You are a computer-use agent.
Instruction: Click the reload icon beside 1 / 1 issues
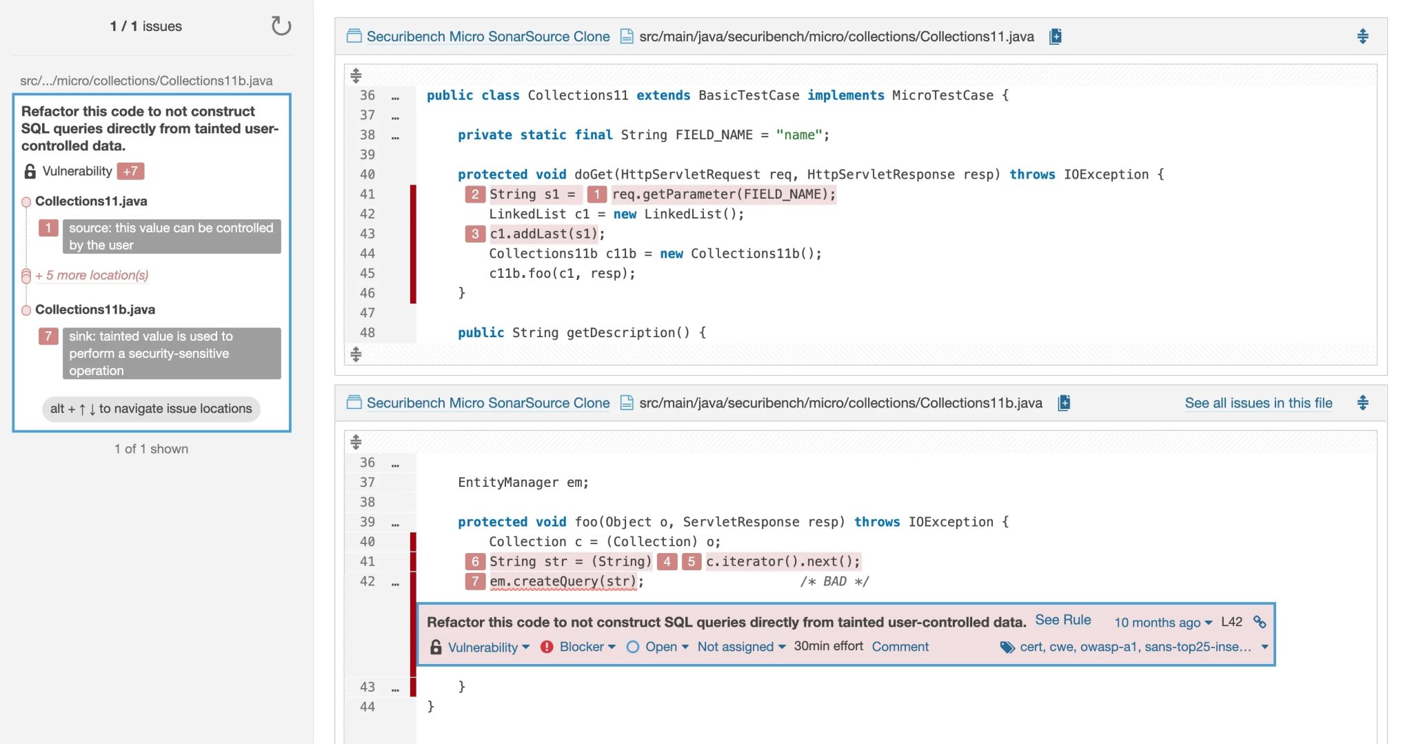pyautogui.click(x=281, y=26)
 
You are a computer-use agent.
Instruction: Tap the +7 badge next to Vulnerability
pyautogui.click(x=130, y=171)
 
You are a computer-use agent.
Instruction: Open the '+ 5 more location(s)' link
pyautogui.click(x=92, y=275)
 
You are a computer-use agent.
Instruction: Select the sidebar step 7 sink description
pyautogui.click(x=171, y=353)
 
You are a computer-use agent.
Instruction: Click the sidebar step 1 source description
pyautogui.click(x=171, y=237)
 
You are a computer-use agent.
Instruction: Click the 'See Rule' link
pyautogui.click(x=1062, y=620)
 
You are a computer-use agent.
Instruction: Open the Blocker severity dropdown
pyautogui.click(x=587, y=647)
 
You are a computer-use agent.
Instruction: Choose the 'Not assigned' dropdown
pyautogui.click(x=741, y=647)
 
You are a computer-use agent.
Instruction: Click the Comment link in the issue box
pyautogui.click(x=900, y=647)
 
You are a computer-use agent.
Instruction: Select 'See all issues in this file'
pyautogui.click(x=1258, y=403)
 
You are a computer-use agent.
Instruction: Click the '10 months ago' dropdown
pyautogui.click(x=1162, y=623)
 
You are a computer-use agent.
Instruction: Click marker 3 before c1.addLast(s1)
pyautogui.click(x=475, y=234)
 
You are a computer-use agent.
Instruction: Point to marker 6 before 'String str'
pyautogui.click(x=475, y=561)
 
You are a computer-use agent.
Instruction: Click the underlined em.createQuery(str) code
pyautogui.click(x=563, y=581)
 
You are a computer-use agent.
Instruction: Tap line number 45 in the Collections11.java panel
pyautogui.click(x=367, y=273)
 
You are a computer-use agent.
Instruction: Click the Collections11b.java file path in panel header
pyautogui.click(x=840, y=403)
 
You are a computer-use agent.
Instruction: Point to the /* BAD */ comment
pyautogui.click(x=834, y=581)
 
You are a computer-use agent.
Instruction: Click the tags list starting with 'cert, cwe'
pyautogui.click(x=1135, y=647)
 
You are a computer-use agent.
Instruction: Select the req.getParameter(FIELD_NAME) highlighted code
pyautogui.click(x=723, y=194)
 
